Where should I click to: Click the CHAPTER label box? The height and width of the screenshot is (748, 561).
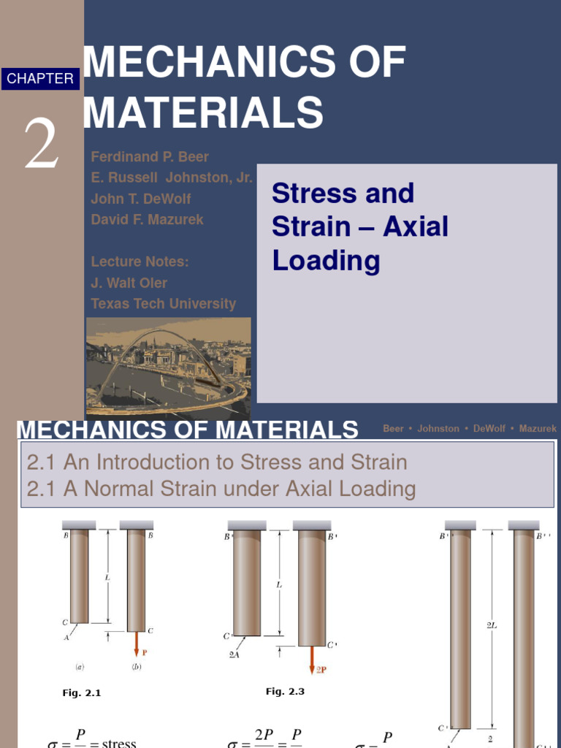point(40,79)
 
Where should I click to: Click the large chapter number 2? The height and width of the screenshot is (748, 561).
point(41,142)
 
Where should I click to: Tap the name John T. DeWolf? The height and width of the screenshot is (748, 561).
point(141,199)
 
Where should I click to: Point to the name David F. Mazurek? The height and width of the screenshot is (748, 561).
point(147,219)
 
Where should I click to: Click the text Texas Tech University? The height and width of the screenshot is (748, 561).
point(163,304)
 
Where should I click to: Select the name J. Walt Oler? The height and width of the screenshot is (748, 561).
point(129,283)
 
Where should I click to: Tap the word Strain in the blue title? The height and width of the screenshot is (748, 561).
point(311,227)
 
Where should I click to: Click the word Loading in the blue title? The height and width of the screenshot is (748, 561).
point(326,261)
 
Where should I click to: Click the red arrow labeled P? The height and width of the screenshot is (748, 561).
point(136,645)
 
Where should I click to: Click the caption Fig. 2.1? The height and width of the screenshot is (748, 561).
point(81,693)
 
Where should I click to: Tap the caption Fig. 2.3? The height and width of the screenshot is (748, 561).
point(285,691)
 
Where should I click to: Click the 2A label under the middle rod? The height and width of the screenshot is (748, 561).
point(233,654)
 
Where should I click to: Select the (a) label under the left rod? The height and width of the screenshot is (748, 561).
point(79,667)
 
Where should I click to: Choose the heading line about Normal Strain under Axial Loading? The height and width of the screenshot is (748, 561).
point(221,489)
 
